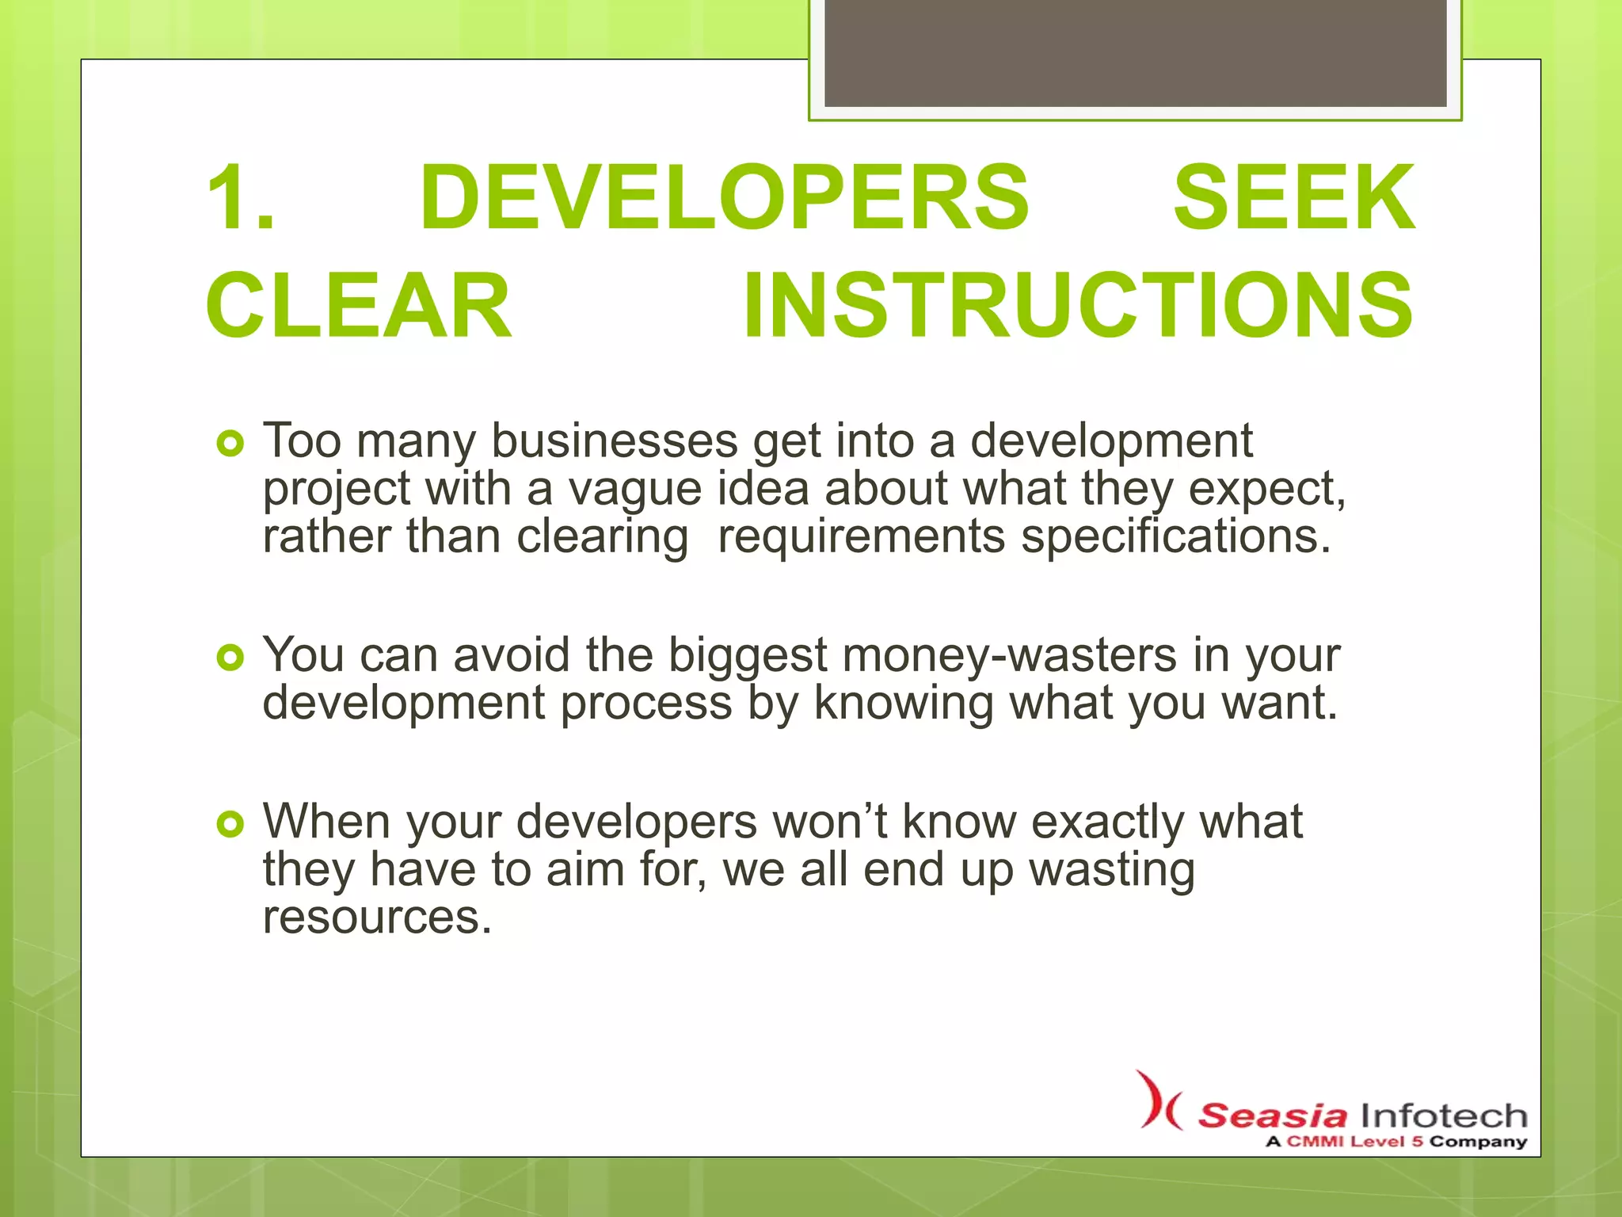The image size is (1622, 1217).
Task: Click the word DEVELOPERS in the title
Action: point(724,197)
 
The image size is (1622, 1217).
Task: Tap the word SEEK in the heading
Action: point(1294,197)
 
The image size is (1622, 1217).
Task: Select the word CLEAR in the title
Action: point(359,306)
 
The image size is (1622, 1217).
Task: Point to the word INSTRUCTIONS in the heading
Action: point(1078,306)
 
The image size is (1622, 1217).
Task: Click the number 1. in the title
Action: point(241,197)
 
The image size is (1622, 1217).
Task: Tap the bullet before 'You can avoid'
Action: point(230,658)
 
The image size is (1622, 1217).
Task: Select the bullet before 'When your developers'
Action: point(230,825)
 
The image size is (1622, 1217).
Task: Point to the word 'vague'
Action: point(634,489)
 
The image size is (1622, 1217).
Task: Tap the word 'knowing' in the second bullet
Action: point(904,704)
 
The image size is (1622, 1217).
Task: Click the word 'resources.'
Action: point(377,918)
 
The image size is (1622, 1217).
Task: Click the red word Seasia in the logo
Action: point(1272,1116)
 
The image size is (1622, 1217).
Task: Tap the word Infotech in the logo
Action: point(1444,1116)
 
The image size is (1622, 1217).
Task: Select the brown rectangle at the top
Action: point(1135,52)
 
